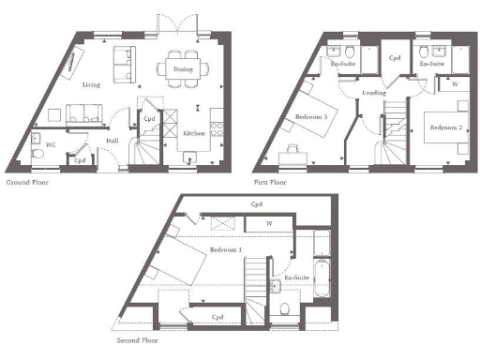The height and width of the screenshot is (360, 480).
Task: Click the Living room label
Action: (91, 84)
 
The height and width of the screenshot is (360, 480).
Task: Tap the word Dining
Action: (185, 68)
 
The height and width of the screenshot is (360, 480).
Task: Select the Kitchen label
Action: (194, 134)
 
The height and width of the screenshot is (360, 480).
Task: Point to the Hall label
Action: (112, 141)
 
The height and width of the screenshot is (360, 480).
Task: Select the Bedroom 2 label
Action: (443, 125)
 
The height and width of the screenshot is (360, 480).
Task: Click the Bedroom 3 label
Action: (310, 116)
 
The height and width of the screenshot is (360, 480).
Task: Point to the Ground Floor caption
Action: (27, 182)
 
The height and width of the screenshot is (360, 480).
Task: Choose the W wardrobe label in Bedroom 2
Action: (454, 83)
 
